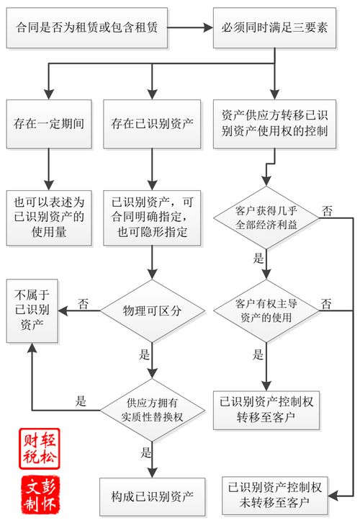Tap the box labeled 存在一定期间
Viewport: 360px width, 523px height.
[49, 123]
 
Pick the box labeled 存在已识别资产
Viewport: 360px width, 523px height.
[152, 123]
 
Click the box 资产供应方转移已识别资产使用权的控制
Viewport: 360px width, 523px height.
[274, 123]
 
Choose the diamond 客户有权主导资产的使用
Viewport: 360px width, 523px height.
[266, 310]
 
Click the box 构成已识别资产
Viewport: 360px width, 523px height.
[152, 496]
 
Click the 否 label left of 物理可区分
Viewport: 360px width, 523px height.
[84, 303]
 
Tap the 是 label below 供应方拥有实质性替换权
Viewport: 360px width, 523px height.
[146, 453]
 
